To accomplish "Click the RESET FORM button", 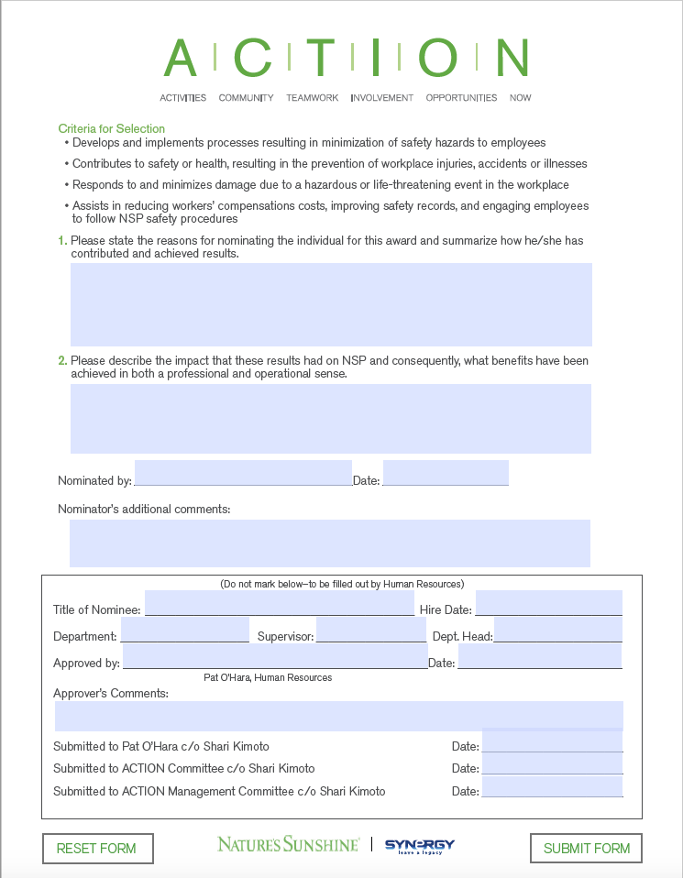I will coord(97,849).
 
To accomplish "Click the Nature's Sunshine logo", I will coord(288,844).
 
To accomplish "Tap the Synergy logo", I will coord(419,845).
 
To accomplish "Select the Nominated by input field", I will coord(243,473).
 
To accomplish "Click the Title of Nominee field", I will coord(279,603).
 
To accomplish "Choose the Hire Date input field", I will coord(548,603).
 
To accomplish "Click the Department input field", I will coord(184,631).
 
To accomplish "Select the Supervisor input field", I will coord(370,631).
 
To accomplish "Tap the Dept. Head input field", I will coord(557,631).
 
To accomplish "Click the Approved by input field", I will coord(275,656).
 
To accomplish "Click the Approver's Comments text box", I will coord(338,716).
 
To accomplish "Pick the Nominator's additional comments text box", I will coord(329,543).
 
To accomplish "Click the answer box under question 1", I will coord(331,304).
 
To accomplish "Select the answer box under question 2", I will coord(330,419).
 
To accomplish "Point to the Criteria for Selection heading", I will coord(111,129).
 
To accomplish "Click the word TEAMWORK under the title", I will coord(312,98).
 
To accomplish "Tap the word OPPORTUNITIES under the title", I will coord(461,98).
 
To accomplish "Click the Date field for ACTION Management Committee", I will coord(552,786).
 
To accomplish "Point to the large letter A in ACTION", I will coord(180,59).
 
